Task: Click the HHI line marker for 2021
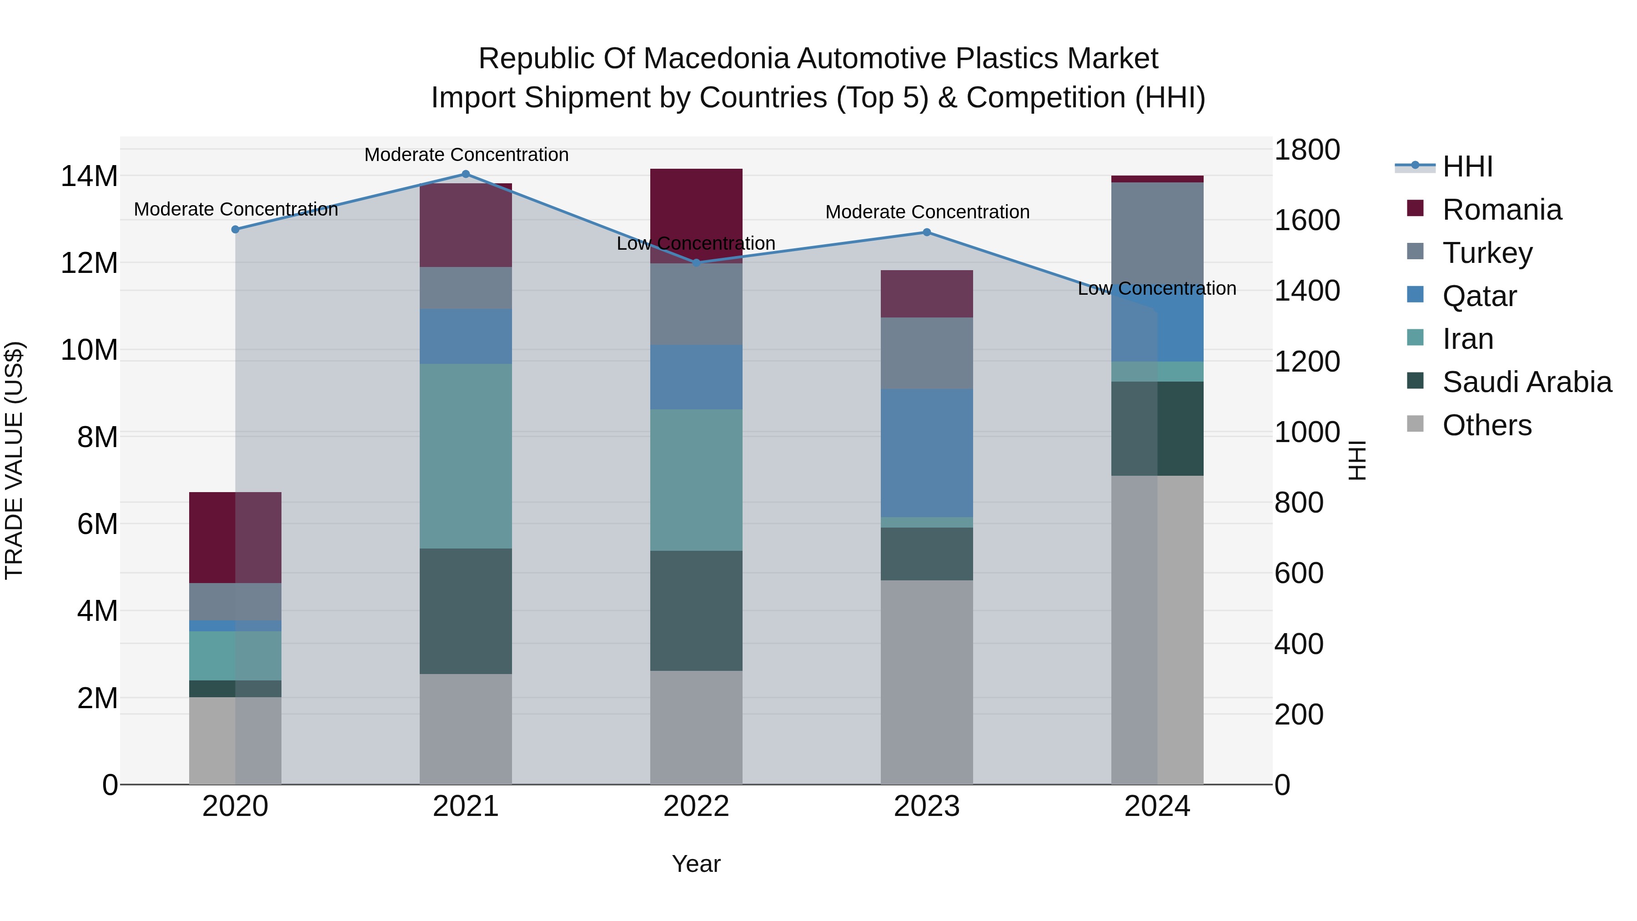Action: click(x=466, y=174)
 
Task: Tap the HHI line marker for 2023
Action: click(x=927, y=232)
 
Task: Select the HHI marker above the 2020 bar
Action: click(x=235, y=230)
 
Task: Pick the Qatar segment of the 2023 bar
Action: click(x=927, y=453)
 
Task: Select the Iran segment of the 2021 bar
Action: click(x=466, y=456)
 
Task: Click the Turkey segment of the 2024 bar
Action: click(x=1157, y=235)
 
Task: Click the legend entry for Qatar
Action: click(x=1479, y=296)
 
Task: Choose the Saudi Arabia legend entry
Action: click(x=1527, y=382)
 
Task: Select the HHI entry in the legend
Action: click(x=1466, y=166)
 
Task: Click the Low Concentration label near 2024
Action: click(x=1156, y=288)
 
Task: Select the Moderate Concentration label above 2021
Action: click(x=466, y=155)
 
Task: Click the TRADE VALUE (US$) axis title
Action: click(x=14, y=460)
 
